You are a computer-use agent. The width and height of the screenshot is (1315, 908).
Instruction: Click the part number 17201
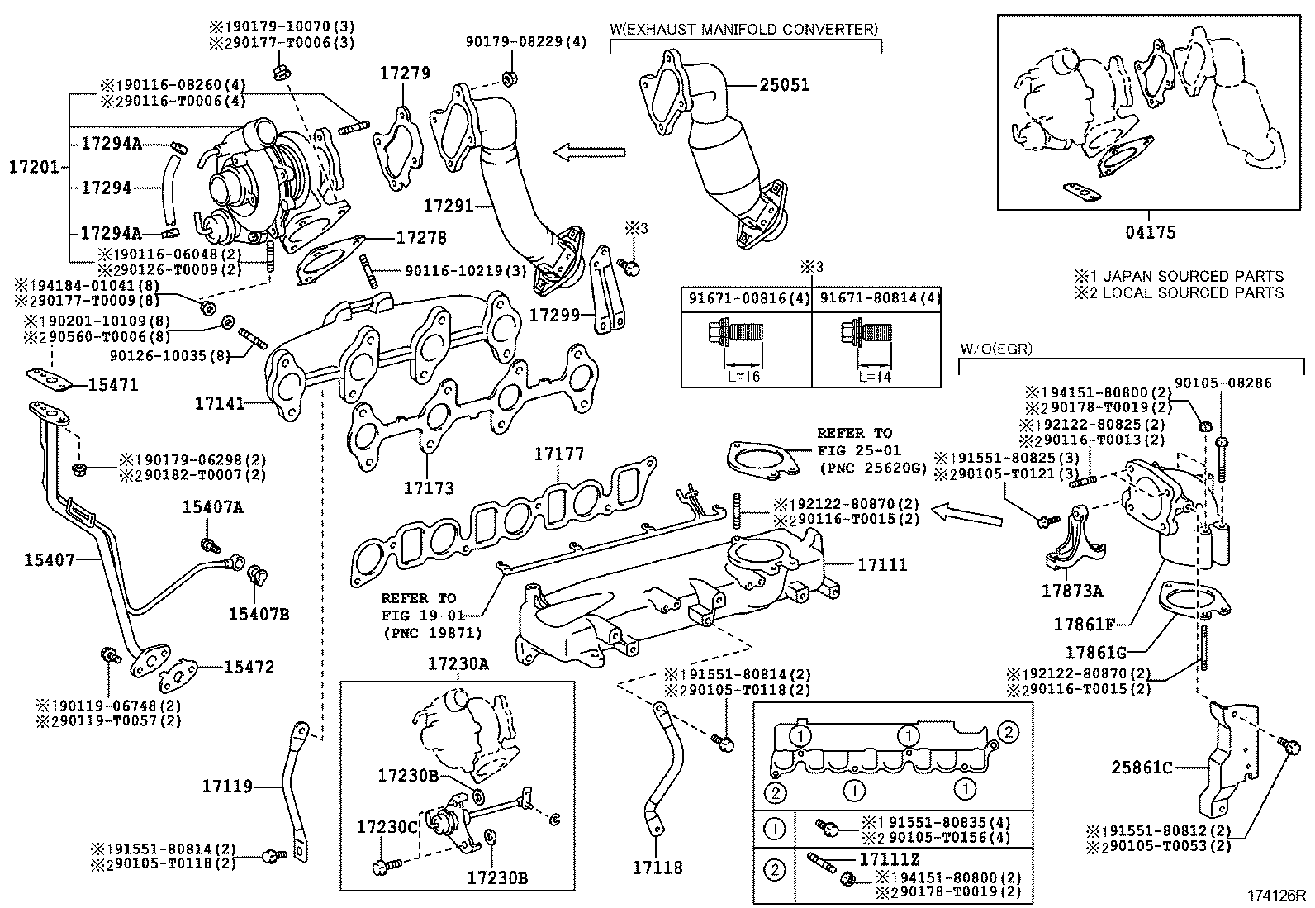tap(34, 168)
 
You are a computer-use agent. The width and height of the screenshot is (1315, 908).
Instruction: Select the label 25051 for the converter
tap(785, 85)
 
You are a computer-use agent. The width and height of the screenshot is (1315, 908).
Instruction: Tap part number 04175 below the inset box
tap(1151, 233)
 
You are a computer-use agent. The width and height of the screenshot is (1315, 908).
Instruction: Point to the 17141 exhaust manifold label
tap(220, 403)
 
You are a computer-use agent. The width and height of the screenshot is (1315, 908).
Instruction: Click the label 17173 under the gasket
tap(429, 488)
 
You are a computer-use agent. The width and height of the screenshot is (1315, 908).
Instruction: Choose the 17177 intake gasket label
tap(559, 454)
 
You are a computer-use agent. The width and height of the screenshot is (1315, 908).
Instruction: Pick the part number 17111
tap(882, 565)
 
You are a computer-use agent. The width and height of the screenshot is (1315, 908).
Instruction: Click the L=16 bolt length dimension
tap(743, 377)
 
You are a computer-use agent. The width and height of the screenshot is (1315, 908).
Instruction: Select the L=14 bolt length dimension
tap(875, 377)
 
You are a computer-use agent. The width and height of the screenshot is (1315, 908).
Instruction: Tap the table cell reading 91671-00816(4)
tap(749, 299)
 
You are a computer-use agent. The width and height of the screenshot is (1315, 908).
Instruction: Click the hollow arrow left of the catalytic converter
tap(590, 153)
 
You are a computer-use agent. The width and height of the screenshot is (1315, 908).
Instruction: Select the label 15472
tap(249, 668)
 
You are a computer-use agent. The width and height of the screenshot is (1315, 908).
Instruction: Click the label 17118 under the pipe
tap(657, 868)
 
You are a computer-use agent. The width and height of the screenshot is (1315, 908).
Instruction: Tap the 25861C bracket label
tap(1142, 768)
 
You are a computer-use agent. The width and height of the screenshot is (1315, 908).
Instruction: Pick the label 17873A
tap(1072, 591)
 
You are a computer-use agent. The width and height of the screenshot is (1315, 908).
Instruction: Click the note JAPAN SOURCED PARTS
tap(1194, 276)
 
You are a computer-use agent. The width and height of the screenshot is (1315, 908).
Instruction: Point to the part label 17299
tap(555, 316)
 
